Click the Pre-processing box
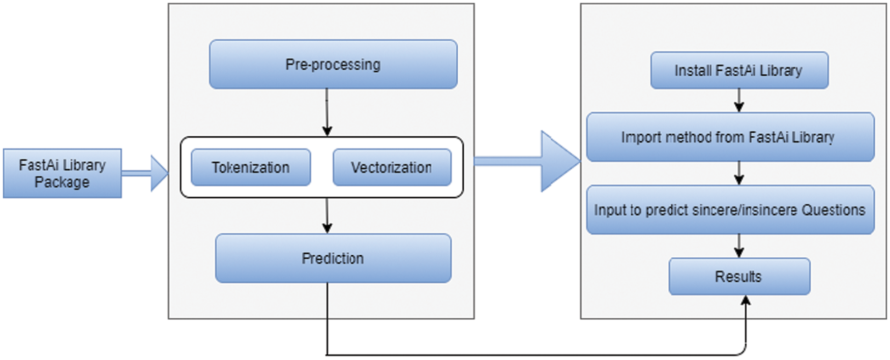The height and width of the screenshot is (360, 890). coord(333,65)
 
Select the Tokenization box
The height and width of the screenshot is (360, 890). coord(251,167)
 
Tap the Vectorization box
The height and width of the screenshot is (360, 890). coord(392,167)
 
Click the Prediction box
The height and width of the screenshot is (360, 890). coord(333,258)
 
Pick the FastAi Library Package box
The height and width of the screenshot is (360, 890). coord(62,173)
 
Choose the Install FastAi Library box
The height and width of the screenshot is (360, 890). coord(739,70)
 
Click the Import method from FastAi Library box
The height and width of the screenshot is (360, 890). coord(730,137)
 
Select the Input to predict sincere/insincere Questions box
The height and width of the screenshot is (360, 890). coord(730,210)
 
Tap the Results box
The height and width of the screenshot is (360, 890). coord(739,277)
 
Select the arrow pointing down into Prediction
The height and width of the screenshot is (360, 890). coord(327,216)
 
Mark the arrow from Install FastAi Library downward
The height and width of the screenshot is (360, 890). coord(739,101)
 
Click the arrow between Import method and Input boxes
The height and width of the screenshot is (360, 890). coord(739,173)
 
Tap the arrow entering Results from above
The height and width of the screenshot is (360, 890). coord(739,246)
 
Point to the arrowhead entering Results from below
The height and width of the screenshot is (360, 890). coord(746,301)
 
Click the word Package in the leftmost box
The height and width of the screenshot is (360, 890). coord(62,182)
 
